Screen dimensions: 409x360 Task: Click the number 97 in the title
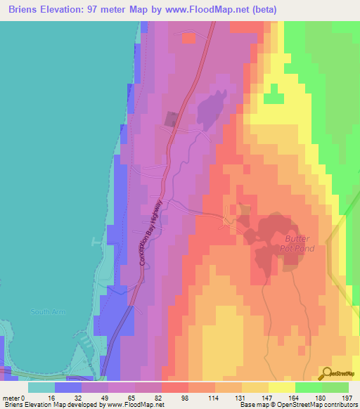point(105,10)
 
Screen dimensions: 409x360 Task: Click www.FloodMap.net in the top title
point(209,10)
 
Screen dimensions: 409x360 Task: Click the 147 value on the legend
point(268,398)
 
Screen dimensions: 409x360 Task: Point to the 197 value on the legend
point(345,398)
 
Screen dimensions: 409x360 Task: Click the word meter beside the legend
point(11,398)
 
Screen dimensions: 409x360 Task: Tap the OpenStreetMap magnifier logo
point(327,375)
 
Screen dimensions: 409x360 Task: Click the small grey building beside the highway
point(172,119)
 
